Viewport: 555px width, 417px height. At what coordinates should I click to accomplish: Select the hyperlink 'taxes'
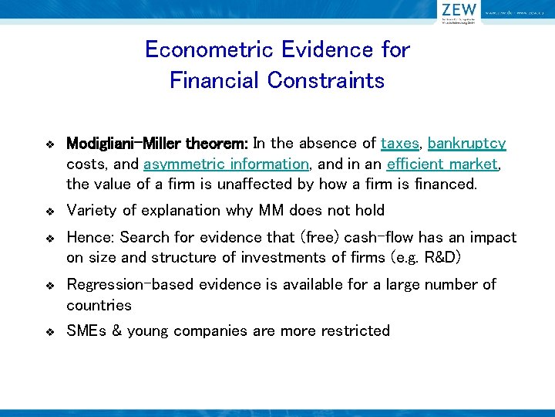[x=400, y=144]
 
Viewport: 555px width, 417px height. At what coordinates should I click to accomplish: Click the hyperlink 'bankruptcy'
[x=467, y=144]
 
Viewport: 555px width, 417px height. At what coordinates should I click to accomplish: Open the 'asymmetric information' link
[x=226, y=164]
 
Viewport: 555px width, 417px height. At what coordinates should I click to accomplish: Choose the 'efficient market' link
[x=442, y=164]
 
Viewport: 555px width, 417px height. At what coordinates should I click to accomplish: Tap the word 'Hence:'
[x=91, y=238]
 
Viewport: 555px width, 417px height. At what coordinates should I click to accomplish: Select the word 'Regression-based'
[x=130, y=285]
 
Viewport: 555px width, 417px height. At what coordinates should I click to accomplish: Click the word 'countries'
[x=99, y=305]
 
